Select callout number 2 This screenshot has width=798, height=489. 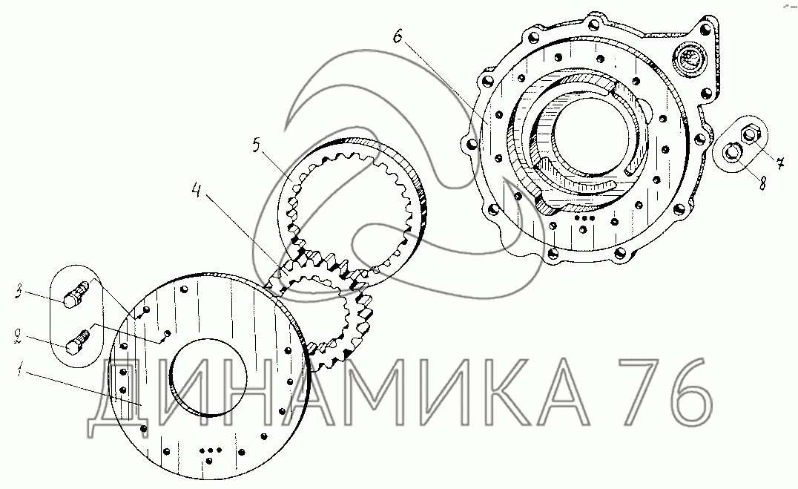[x=18, y=336]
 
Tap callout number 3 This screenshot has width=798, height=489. [x=19, y=293]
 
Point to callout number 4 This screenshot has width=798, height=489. [x=197, y=190]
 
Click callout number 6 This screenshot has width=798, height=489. [x=398, y=36]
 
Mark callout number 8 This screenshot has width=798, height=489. [x=762, y=183]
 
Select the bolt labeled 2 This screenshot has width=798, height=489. [x=77, y=342]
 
